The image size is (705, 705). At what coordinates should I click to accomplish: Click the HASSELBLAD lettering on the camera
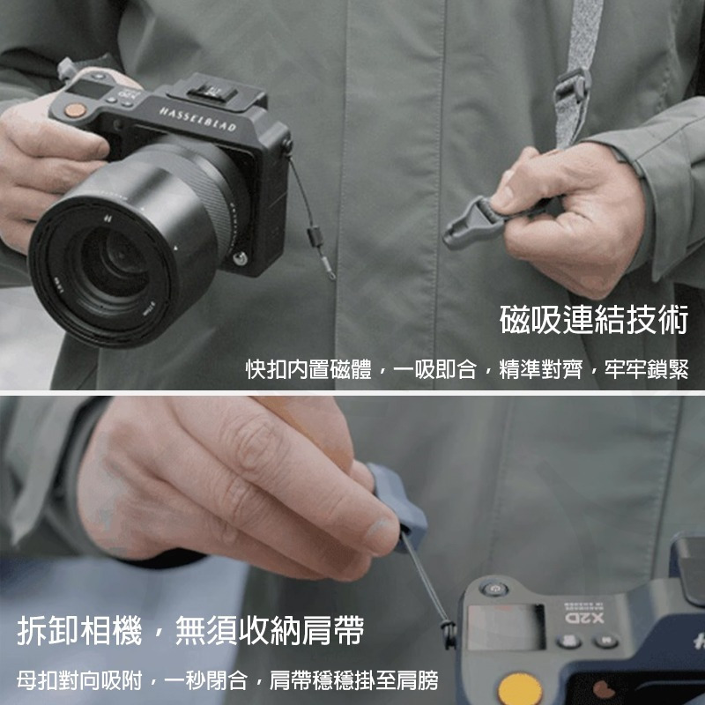click(197, 120)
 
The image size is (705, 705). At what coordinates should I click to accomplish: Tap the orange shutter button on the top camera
click(77, 110)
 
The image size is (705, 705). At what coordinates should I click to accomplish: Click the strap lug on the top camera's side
click(286, 145)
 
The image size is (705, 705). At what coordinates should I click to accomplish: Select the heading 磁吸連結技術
click(593, 321)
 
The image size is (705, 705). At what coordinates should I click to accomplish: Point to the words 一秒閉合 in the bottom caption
click(208, 680)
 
